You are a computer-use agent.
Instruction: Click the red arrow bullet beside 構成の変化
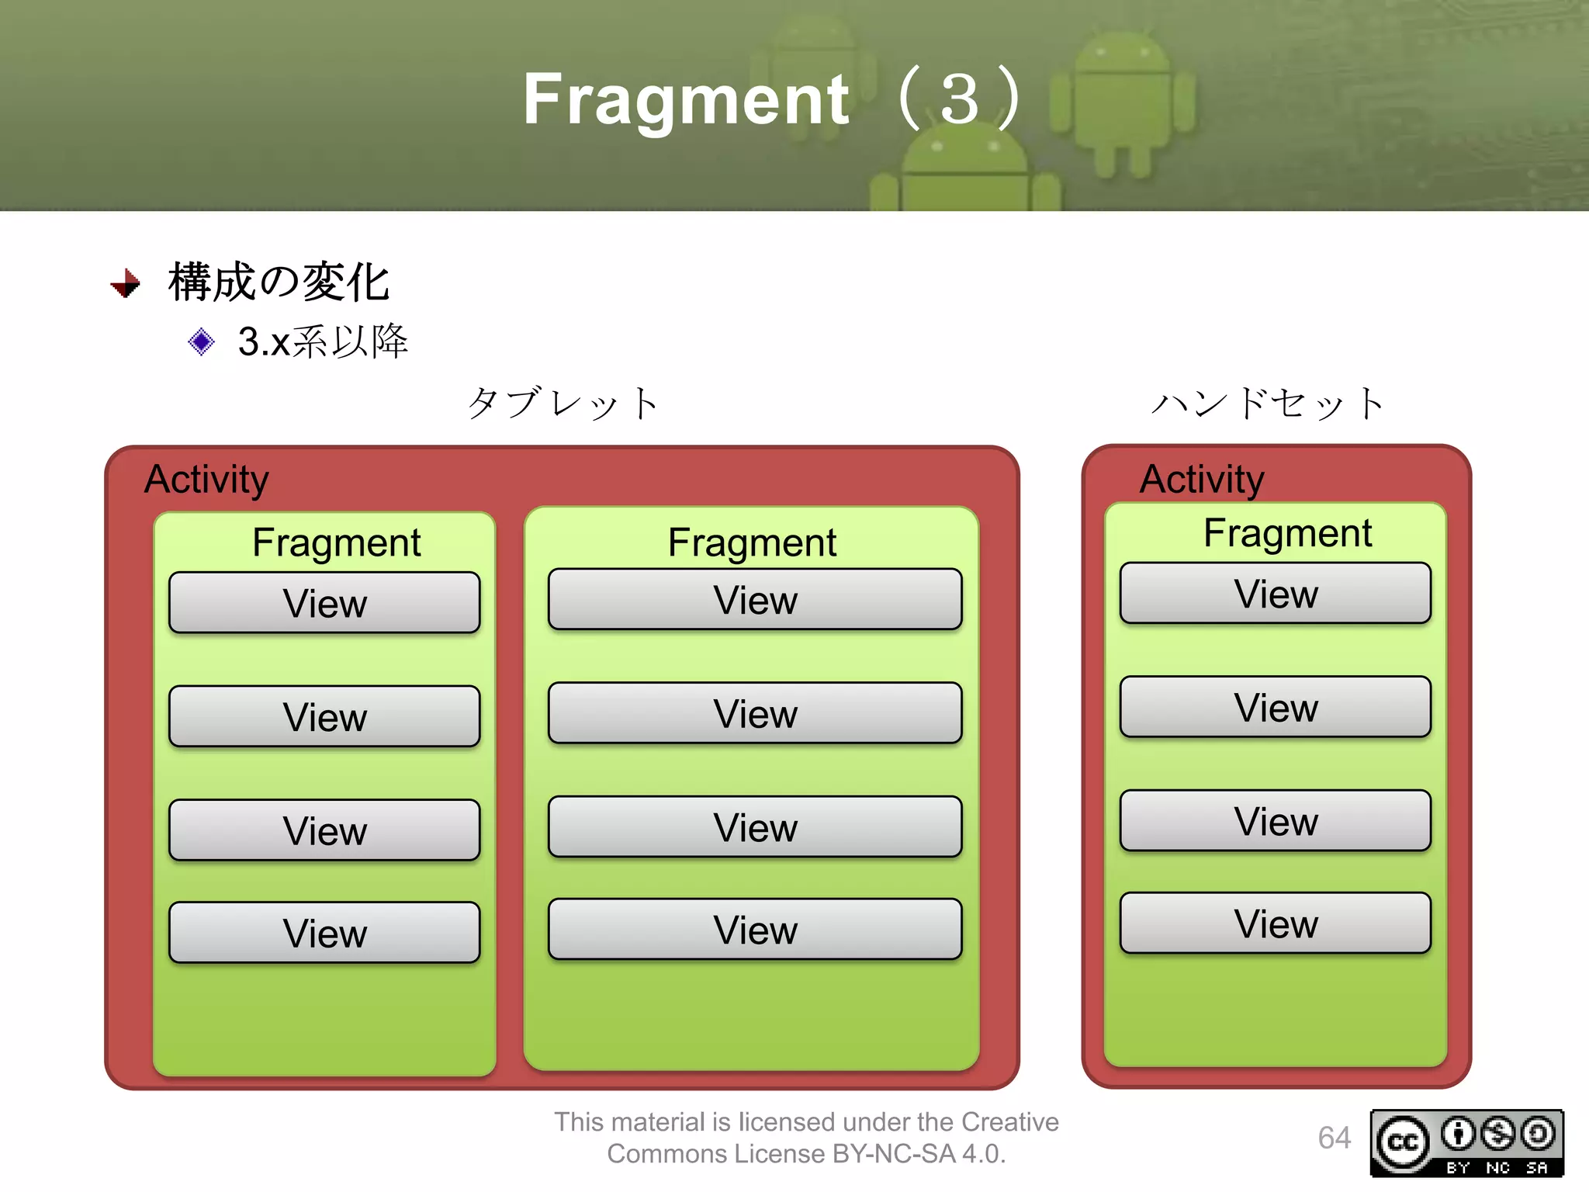pyautogui.click(x=126, y=283)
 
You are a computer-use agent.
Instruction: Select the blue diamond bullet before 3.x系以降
pyautogui.click(x=201, y=341)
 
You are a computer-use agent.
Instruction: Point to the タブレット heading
pyautogui.click(x=563, y=404)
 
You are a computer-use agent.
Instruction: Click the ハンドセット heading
pyautogui.click(x=1269, y=404)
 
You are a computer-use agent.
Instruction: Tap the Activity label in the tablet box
pyautogui.click(x=206, y=479)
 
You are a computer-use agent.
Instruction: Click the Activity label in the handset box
pyautogui.click(x=1201, y=479)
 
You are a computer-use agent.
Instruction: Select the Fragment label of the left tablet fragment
pyautogui.click(x=336, y=542)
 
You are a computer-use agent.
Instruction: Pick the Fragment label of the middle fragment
pyautogui.click(x=752, y=542)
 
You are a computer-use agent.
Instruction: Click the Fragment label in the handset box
pyautogui.click(x=1287, y=533)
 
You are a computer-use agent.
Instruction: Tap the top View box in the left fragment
pyautogui.click(x=324, y=603)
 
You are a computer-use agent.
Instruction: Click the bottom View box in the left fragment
pyautogui.click(x=324, y=932)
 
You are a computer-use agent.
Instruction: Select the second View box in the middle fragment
pyautogui.click(x=755, y=713)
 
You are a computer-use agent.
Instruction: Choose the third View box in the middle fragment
pyautogui.click(x=755, y=826)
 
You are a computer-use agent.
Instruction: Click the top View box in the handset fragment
pyautogui.click(x=1276, y=594)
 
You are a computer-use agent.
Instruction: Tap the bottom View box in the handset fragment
pyautogui.click(x=1276, y=923)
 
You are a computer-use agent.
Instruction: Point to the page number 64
pyautogui.click(x=1334, y=1138)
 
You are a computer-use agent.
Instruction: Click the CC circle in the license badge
pyautogui.click(x=1403, y=1142)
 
